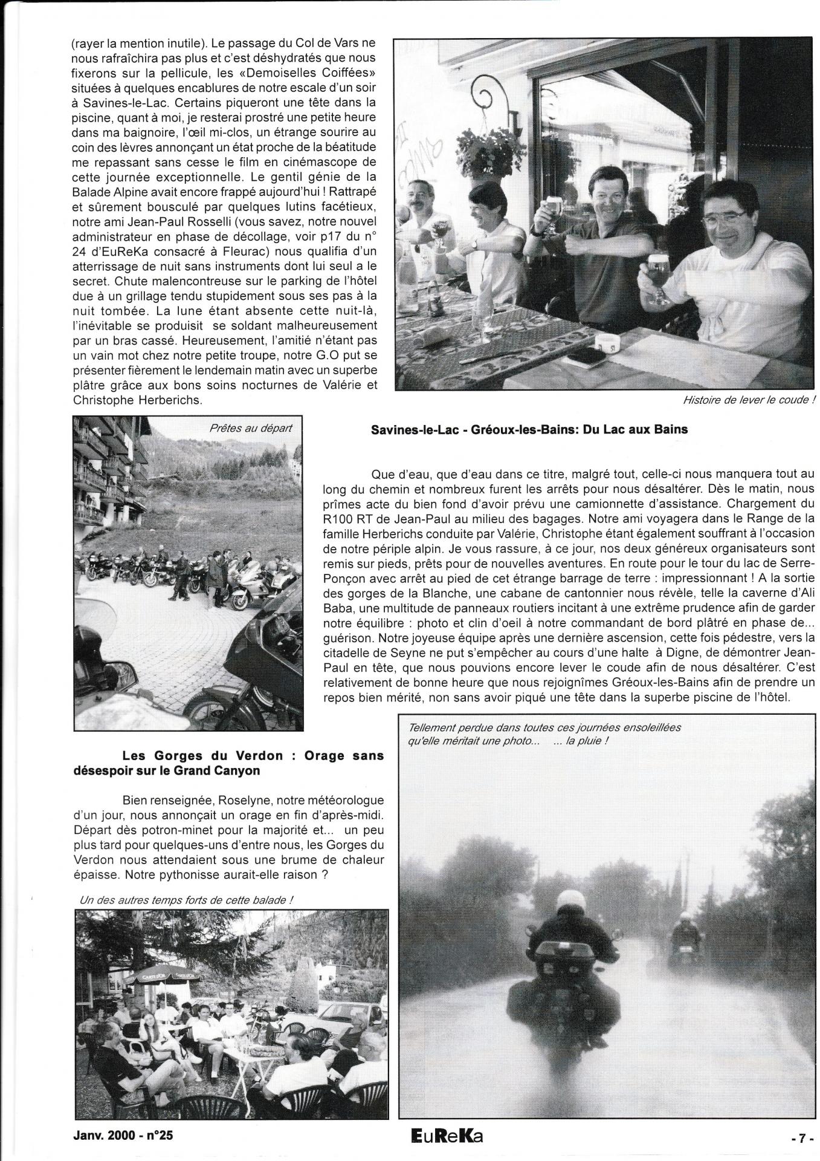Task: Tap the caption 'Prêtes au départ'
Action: pos(250,428)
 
